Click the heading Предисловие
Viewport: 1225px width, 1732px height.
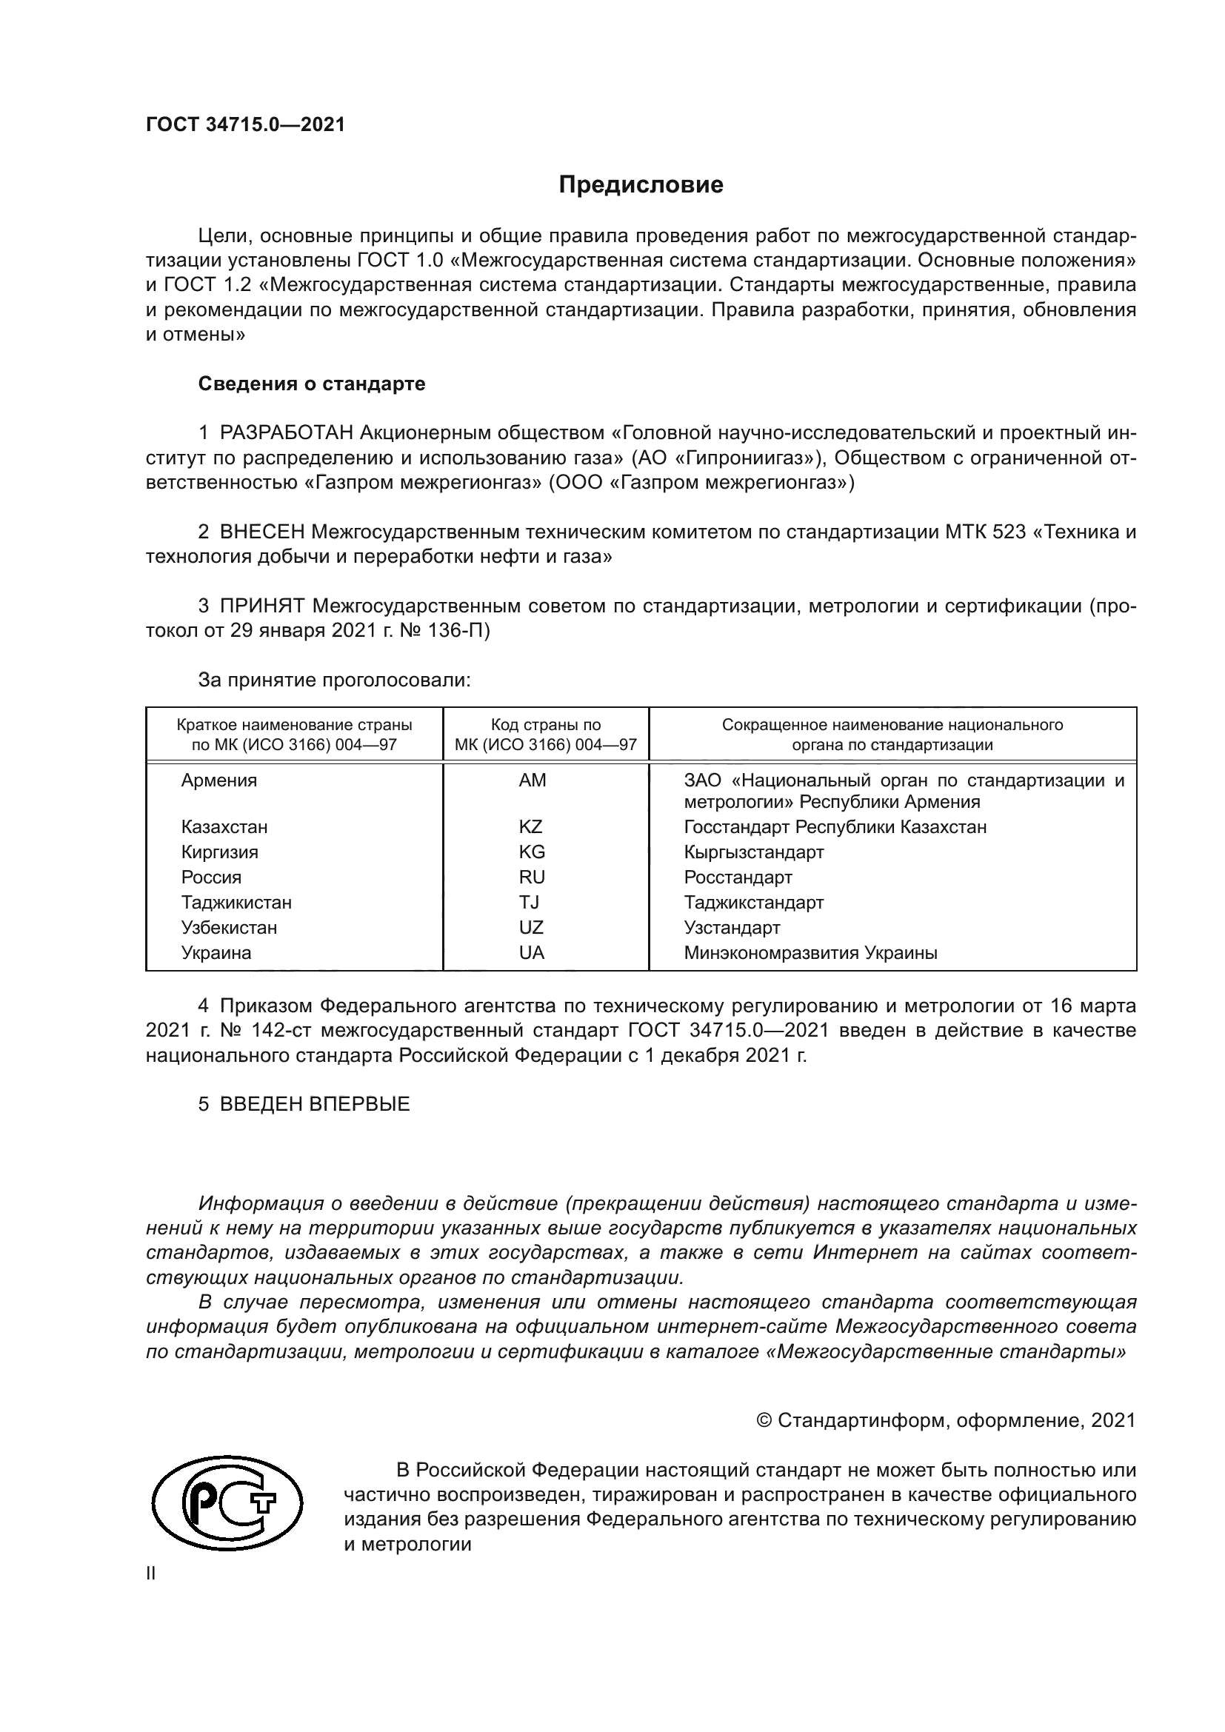pyautogui.click(x=641, y=185)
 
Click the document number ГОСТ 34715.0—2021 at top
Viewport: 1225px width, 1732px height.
pyautogui.click(x=245, y=125)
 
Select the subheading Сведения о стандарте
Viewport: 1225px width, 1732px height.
pyautogui.click(x=312, y=384)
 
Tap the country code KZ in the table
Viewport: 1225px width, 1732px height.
pyautogui.click(x=530, y=827)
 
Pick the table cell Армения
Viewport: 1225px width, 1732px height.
pyautogui.click(x=218, y=780)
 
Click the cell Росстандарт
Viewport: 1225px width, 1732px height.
pyautogui.click(x=738, y=877)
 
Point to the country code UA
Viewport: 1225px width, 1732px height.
pyautogui.click(x=531, y=953)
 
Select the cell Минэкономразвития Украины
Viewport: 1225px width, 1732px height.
pyautogui.click(x=810, y=953)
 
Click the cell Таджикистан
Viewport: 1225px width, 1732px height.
pyautogui.click(x=236, y=902)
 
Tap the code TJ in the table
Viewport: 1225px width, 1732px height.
pyautogui.click(x=529, y=902)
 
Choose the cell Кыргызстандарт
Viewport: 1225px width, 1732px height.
pyautogui.click(x=753, y=852)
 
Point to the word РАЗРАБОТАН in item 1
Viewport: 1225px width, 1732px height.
pyautogui.click(x=287, y=433)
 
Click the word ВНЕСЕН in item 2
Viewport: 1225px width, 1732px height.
pyautogui.click(x=261, y=532)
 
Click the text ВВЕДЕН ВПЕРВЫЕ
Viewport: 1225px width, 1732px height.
pyautogui.click(x=315, y=1104)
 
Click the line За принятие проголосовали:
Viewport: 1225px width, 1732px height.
pyautogui.click(x=334, y=681)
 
